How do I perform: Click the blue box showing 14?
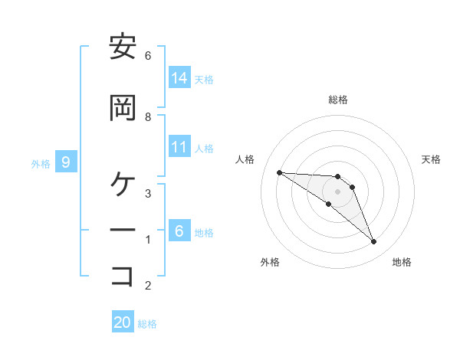click(179, 78)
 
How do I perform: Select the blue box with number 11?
click(179, 147)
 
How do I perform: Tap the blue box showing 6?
click(179, 231)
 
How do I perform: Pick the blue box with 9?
click(66, 162)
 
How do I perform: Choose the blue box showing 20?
click(123, 322)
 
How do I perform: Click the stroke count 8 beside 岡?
click(147, 116)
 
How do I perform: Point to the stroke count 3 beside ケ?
click(147, 193)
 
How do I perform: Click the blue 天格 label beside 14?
click(204, 79)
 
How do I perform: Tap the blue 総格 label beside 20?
click(147, 324)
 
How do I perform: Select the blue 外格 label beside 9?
click(41, 163)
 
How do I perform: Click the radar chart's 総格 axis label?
click(337, 100)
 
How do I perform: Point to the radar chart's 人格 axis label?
click(245, 159)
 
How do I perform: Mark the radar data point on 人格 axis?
click(279, 172)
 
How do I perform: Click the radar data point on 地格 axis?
click(373, 242)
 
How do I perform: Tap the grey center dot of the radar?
click(337, 191)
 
